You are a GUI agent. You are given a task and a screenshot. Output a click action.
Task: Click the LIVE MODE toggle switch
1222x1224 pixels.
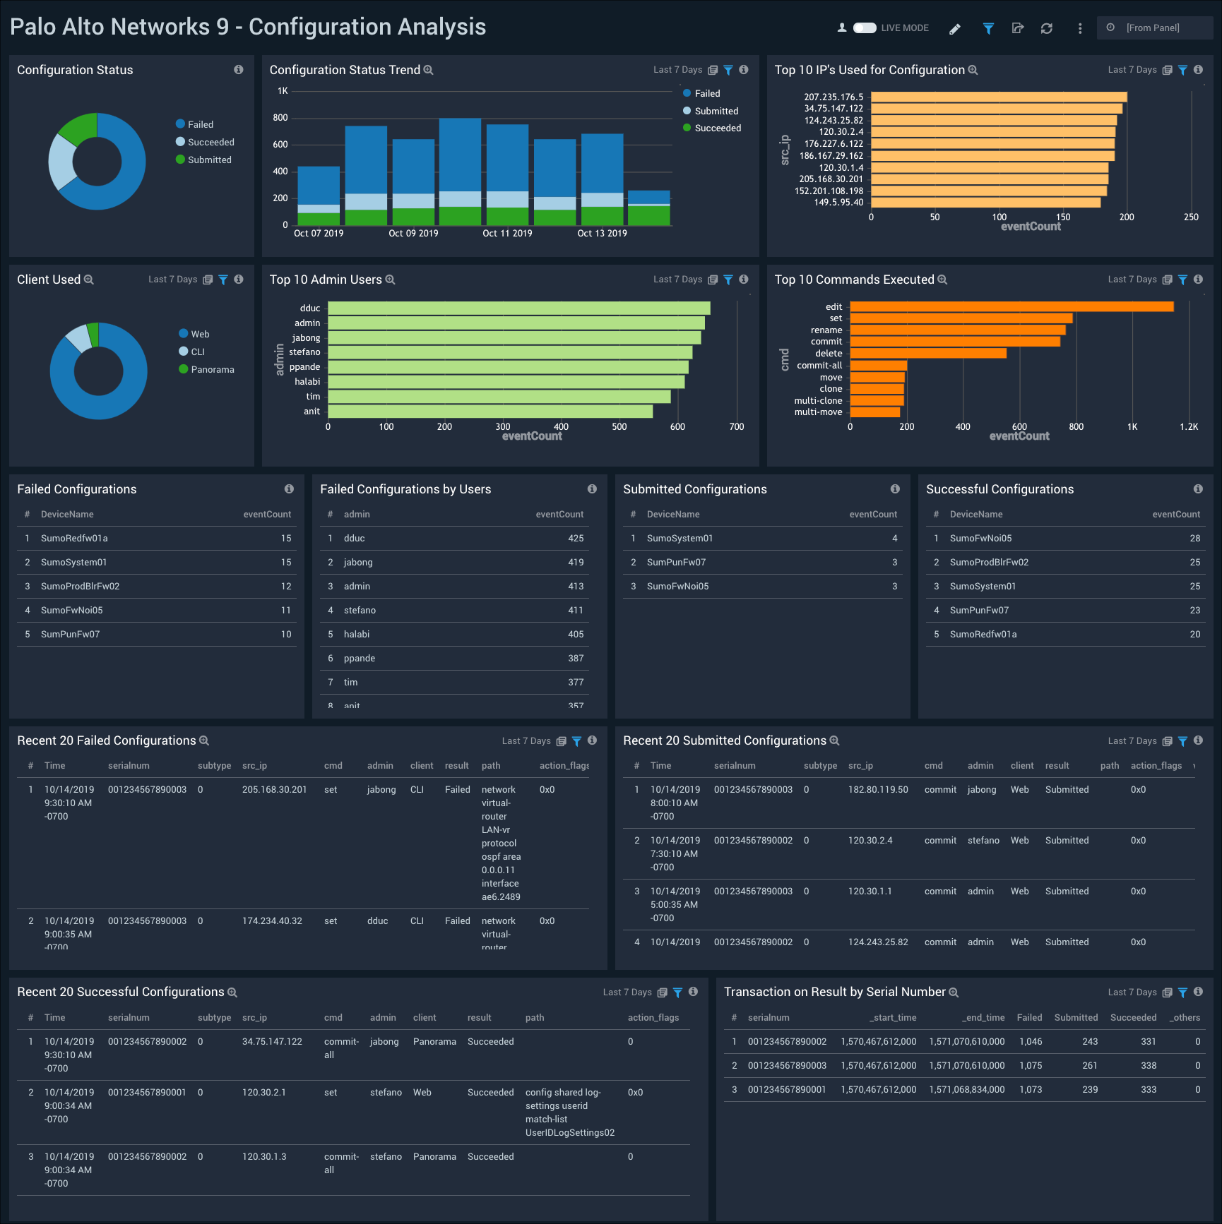click(x=865, y=28)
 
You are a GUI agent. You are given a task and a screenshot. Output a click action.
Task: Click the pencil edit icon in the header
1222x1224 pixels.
click(x=955, y=29)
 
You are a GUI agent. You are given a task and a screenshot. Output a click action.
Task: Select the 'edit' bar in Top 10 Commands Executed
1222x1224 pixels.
click(x=1011, y=306)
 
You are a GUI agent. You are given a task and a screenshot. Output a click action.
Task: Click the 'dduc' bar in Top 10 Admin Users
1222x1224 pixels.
click(x=518, y=308)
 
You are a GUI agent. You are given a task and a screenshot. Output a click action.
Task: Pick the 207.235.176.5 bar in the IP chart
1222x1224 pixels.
click(x=998, y=97)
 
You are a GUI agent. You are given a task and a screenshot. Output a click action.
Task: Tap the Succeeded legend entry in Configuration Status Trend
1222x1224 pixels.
click(x=717, y=128)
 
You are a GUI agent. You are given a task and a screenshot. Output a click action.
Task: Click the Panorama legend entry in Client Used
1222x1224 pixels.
click(x=212, y=370)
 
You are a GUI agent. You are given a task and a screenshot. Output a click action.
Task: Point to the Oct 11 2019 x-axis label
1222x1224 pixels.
click(x=507, y=234)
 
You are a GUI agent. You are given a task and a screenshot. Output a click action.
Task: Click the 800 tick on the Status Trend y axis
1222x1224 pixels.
click(x=280, y=118)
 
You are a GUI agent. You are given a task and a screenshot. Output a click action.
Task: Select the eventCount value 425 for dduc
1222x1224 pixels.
click(x=576, y=539)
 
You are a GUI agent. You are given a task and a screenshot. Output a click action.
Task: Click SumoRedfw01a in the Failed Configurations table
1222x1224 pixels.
click(x=74, y=539)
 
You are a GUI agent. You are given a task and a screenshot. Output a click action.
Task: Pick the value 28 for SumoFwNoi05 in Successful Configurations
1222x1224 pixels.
click(x=1194, y=539)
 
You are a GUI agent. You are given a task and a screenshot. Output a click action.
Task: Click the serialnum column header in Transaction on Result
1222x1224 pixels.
click(x=768, y=1018)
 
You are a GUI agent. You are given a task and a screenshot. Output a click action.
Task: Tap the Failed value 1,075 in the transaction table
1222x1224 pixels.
click(x=1030, y=1066)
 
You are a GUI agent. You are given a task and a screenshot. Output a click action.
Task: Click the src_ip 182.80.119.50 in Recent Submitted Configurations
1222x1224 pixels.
click(x=878, y=790)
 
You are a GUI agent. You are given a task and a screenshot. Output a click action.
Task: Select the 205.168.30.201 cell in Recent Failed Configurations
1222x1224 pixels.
click(x=274, y=790)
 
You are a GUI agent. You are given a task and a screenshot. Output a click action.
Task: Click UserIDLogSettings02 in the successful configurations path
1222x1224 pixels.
click(x=569, y=1133)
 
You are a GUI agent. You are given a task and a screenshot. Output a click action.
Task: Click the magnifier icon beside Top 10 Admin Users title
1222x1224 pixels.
click(x=390, y=280)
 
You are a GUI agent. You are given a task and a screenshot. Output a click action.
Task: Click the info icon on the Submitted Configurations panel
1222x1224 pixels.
click(x=895, y=489)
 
